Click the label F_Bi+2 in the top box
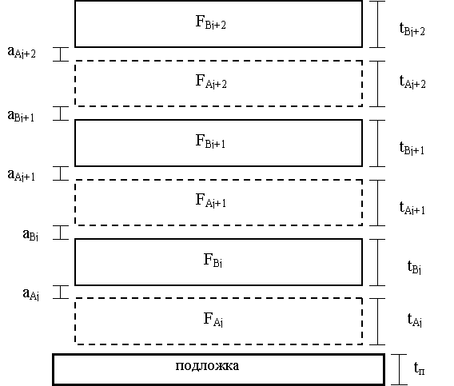pyautogui.click(x=210, y=22)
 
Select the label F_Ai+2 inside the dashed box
pyautogui.click(x=211, y=82)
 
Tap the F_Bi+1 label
pyautogui.click(x=210, y=141)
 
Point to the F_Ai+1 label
pyautogui.click(x=211, y=201)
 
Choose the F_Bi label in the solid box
pyautogui.click(x=213, y=260)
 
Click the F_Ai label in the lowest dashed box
pyautogui.click(x=213, y=320)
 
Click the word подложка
pyautogui.click(x=207, y=366)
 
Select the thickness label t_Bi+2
pyautogui.click(x=412, y=30)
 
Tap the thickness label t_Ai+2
pyautogui.click(x=412, y=82)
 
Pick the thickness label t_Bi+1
pyautogui.click(x=412, y=148)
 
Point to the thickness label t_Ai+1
pyautogui.click(x=412, y=208)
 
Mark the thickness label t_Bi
pyautogui.click(x=414, y=267)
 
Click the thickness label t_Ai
pyautogui.click(x=415, y=320)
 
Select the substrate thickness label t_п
pyautogui.click(x=420, y=368)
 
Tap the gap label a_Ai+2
pyautogui.click(x=22, y=53)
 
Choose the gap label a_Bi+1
pyautogui.click(x=21, y=116)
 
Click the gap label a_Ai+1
pyautogui.click(x=21, y=175)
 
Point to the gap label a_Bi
pyautogui.click(x=30, y=234)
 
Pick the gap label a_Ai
pyautogui.click(x=30, y=294)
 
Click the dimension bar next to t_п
pyautogui.click(x=400, y=369)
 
